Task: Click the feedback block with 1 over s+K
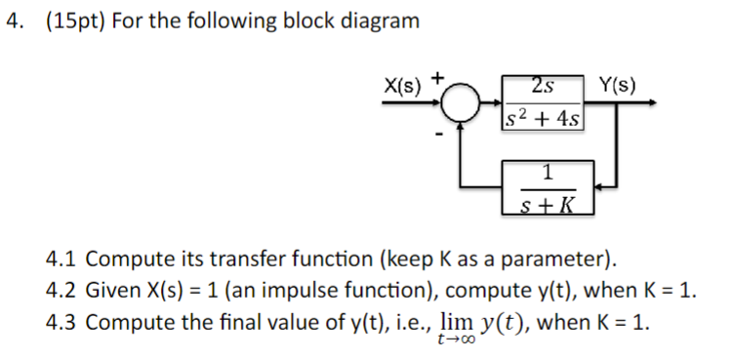[546, 188]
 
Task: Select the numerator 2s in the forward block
[544, 86]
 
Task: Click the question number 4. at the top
[14, 20]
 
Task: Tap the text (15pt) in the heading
[76, 20]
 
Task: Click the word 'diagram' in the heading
[381, 20]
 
